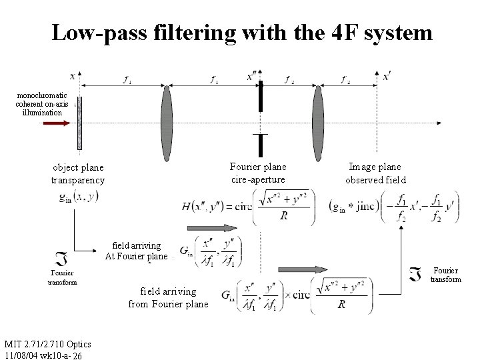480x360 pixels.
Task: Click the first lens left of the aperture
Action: coord(167,123)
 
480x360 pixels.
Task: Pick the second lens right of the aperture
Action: coord(318,123)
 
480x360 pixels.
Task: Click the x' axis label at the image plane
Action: coord(387,77)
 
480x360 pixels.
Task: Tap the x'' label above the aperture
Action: coord(253,77)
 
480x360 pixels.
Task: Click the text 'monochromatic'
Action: coord(42,96)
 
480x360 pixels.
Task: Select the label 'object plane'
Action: coord(78,168)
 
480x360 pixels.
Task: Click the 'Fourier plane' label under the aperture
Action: coord(258,167)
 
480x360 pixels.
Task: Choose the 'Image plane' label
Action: coord(375,167)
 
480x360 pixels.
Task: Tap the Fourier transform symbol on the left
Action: coord(62,260)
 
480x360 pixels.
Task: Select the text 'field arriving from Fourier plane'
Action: coord(168,297)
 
